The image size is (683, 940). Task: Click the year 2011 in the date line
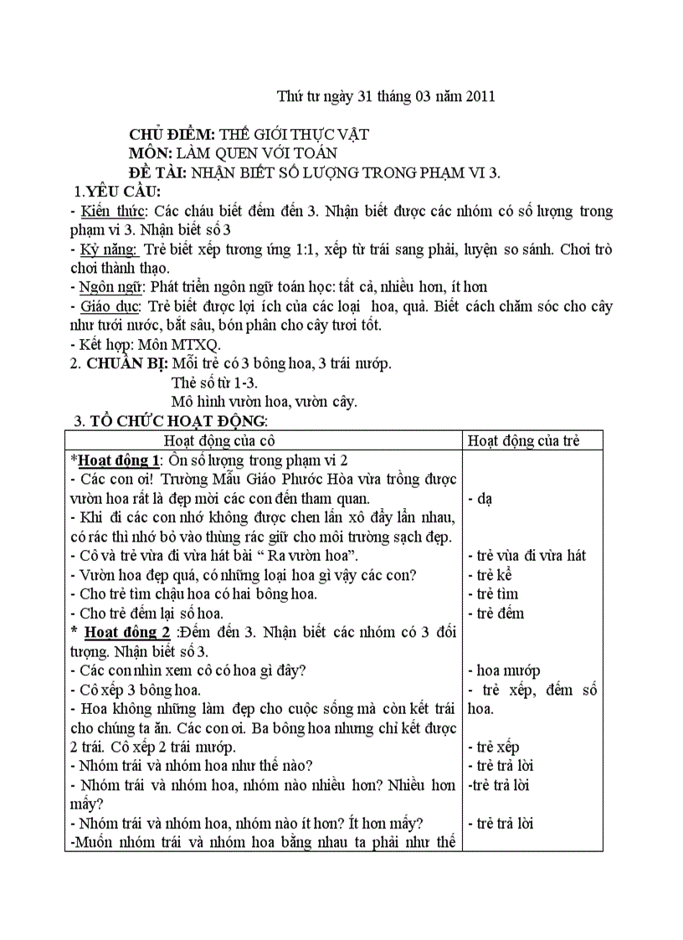click(480, 96)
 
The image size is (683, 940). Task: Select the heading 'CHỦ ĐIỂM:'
click(172, 134)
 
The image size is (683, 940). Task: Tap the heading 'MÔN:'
click(151, 153)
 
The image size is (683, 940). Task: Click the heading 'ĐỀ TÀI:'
click(158, 172)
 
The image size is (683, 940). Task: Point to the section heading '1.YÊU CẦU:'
click(117, 193)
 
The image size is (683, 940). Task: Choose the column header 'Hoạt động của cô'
click(219, 441)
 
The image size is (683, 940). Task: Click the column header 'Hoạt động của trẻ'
click(523, 441)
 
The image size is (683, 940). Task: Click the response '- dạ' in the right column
click(480, 499)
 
